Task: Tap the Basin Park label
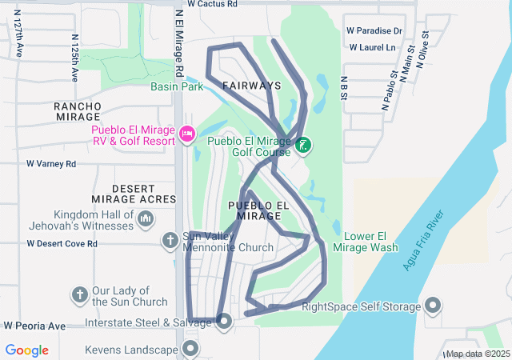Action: (x=176, y=87)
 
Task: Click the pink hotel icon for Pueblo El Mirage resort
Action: (x=188, y=134)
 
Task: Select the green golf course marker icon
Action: (x=304, y=146)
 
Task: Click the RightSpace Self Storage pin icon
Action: (x=433, y=306)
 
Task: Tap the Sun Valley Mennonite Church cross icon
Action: (x=170, y=240)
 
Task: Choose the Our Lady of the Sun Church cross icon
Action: (x=80, y=295)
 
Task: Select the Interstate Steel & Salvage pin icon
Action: (x=224, y=322)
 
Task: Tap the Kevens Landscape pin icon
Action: (x=190, y=349)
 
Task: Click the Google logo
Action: (x=27, y=350)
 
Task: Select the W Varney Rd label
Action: (x=51, y=164)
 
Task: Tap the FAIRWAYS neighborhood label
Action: (x=252, y=85)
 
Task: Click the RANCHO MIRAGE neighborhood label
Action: (x=78, y=111)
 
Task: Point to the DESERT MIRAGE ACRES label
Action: (x=144, y=194)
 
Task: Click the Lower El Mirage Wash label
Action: (x=371, y=242)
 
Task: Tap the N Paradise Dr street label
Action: (x=374, y=30)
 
